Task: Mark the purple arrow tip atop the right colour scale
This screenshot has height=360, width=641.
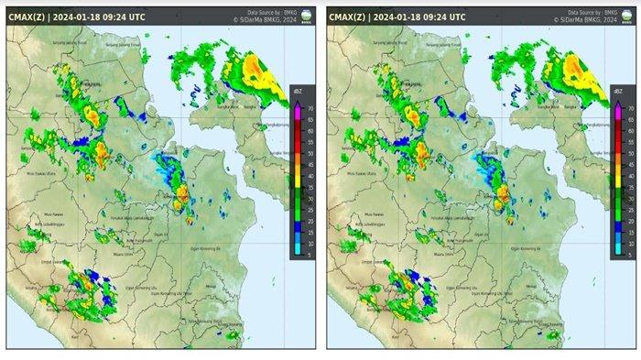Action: point(616,102)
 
